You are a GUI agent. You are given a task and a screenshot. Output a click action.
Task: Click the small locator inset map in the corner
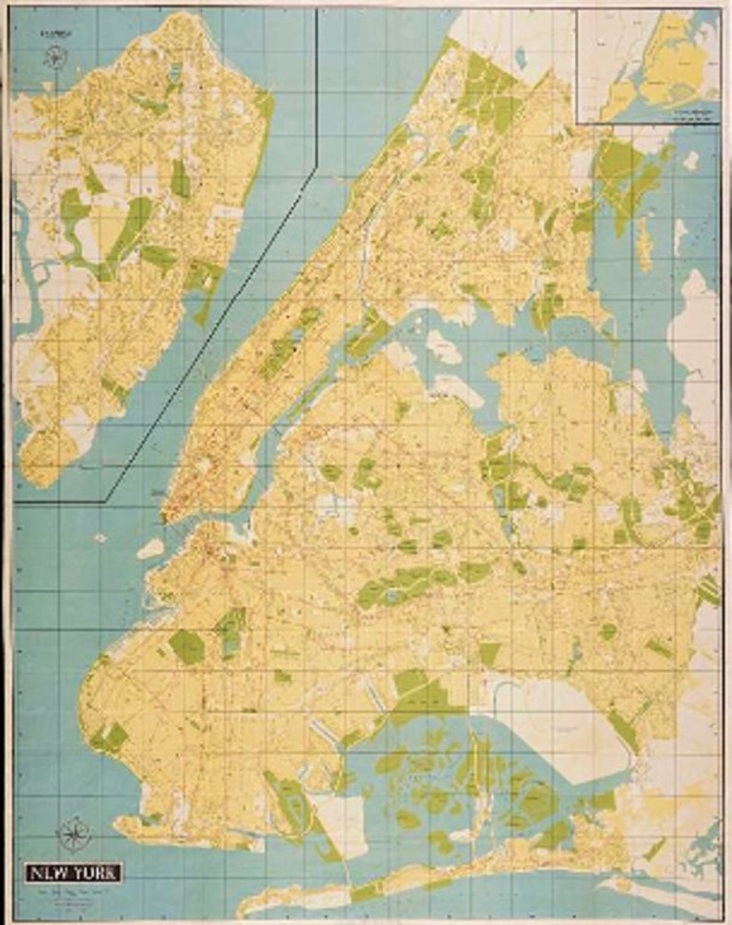pos(648,65)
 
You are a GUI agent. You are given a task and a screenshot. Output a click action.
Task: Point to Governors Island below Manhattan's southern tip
pos(151,549)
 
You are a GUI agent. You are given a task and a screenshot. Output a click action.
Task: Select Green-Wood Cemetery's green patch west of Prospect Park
pos(187,646)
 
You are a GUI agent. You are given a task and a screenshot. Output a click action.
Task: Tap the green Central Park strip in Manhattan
pos(286,345)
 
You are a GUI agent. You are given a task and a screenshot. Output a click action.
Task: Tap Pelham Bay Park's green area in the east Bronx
pos(627,175)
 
